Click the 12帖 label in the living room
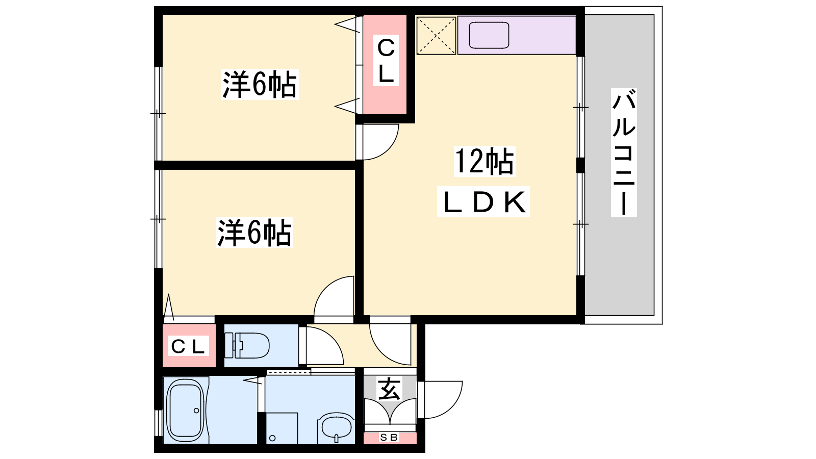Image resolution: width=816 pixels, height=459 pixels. tap(484, 161)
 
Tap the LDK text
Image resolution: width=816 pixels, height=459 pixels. tap(484, 202)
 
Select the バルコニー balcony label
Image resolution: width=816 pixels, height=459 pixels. tap(624, 152)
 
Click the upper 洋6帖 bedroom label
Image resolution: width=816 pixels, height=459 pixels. tap(260, 84)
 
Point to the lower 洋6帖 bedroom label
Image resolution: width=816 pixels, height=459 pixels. tap(254, 233)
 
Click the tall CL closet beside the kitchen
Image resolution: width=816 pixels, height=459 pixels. tap(386, 64)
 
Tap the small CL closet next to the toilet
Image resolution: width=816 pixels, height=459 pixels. tap(189, 345)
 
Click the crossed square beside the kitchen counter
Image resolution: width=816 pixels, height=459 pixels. tap(436, 36)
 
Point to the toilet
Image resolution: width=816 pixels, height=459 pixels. tap(247, 345)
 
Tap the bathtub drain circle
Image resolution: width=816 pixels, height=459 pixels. tap(196, 411)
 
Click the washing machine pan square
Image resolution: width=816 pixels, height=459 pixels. tap(282, 428)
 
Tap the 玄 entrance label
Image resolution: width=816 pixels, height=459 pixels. tap(390, 390)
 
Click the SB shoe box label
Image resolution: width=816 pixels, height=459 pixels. tap(389, 437)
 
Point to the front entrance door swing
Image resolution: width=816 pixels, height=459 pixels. tap(440, 400)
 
